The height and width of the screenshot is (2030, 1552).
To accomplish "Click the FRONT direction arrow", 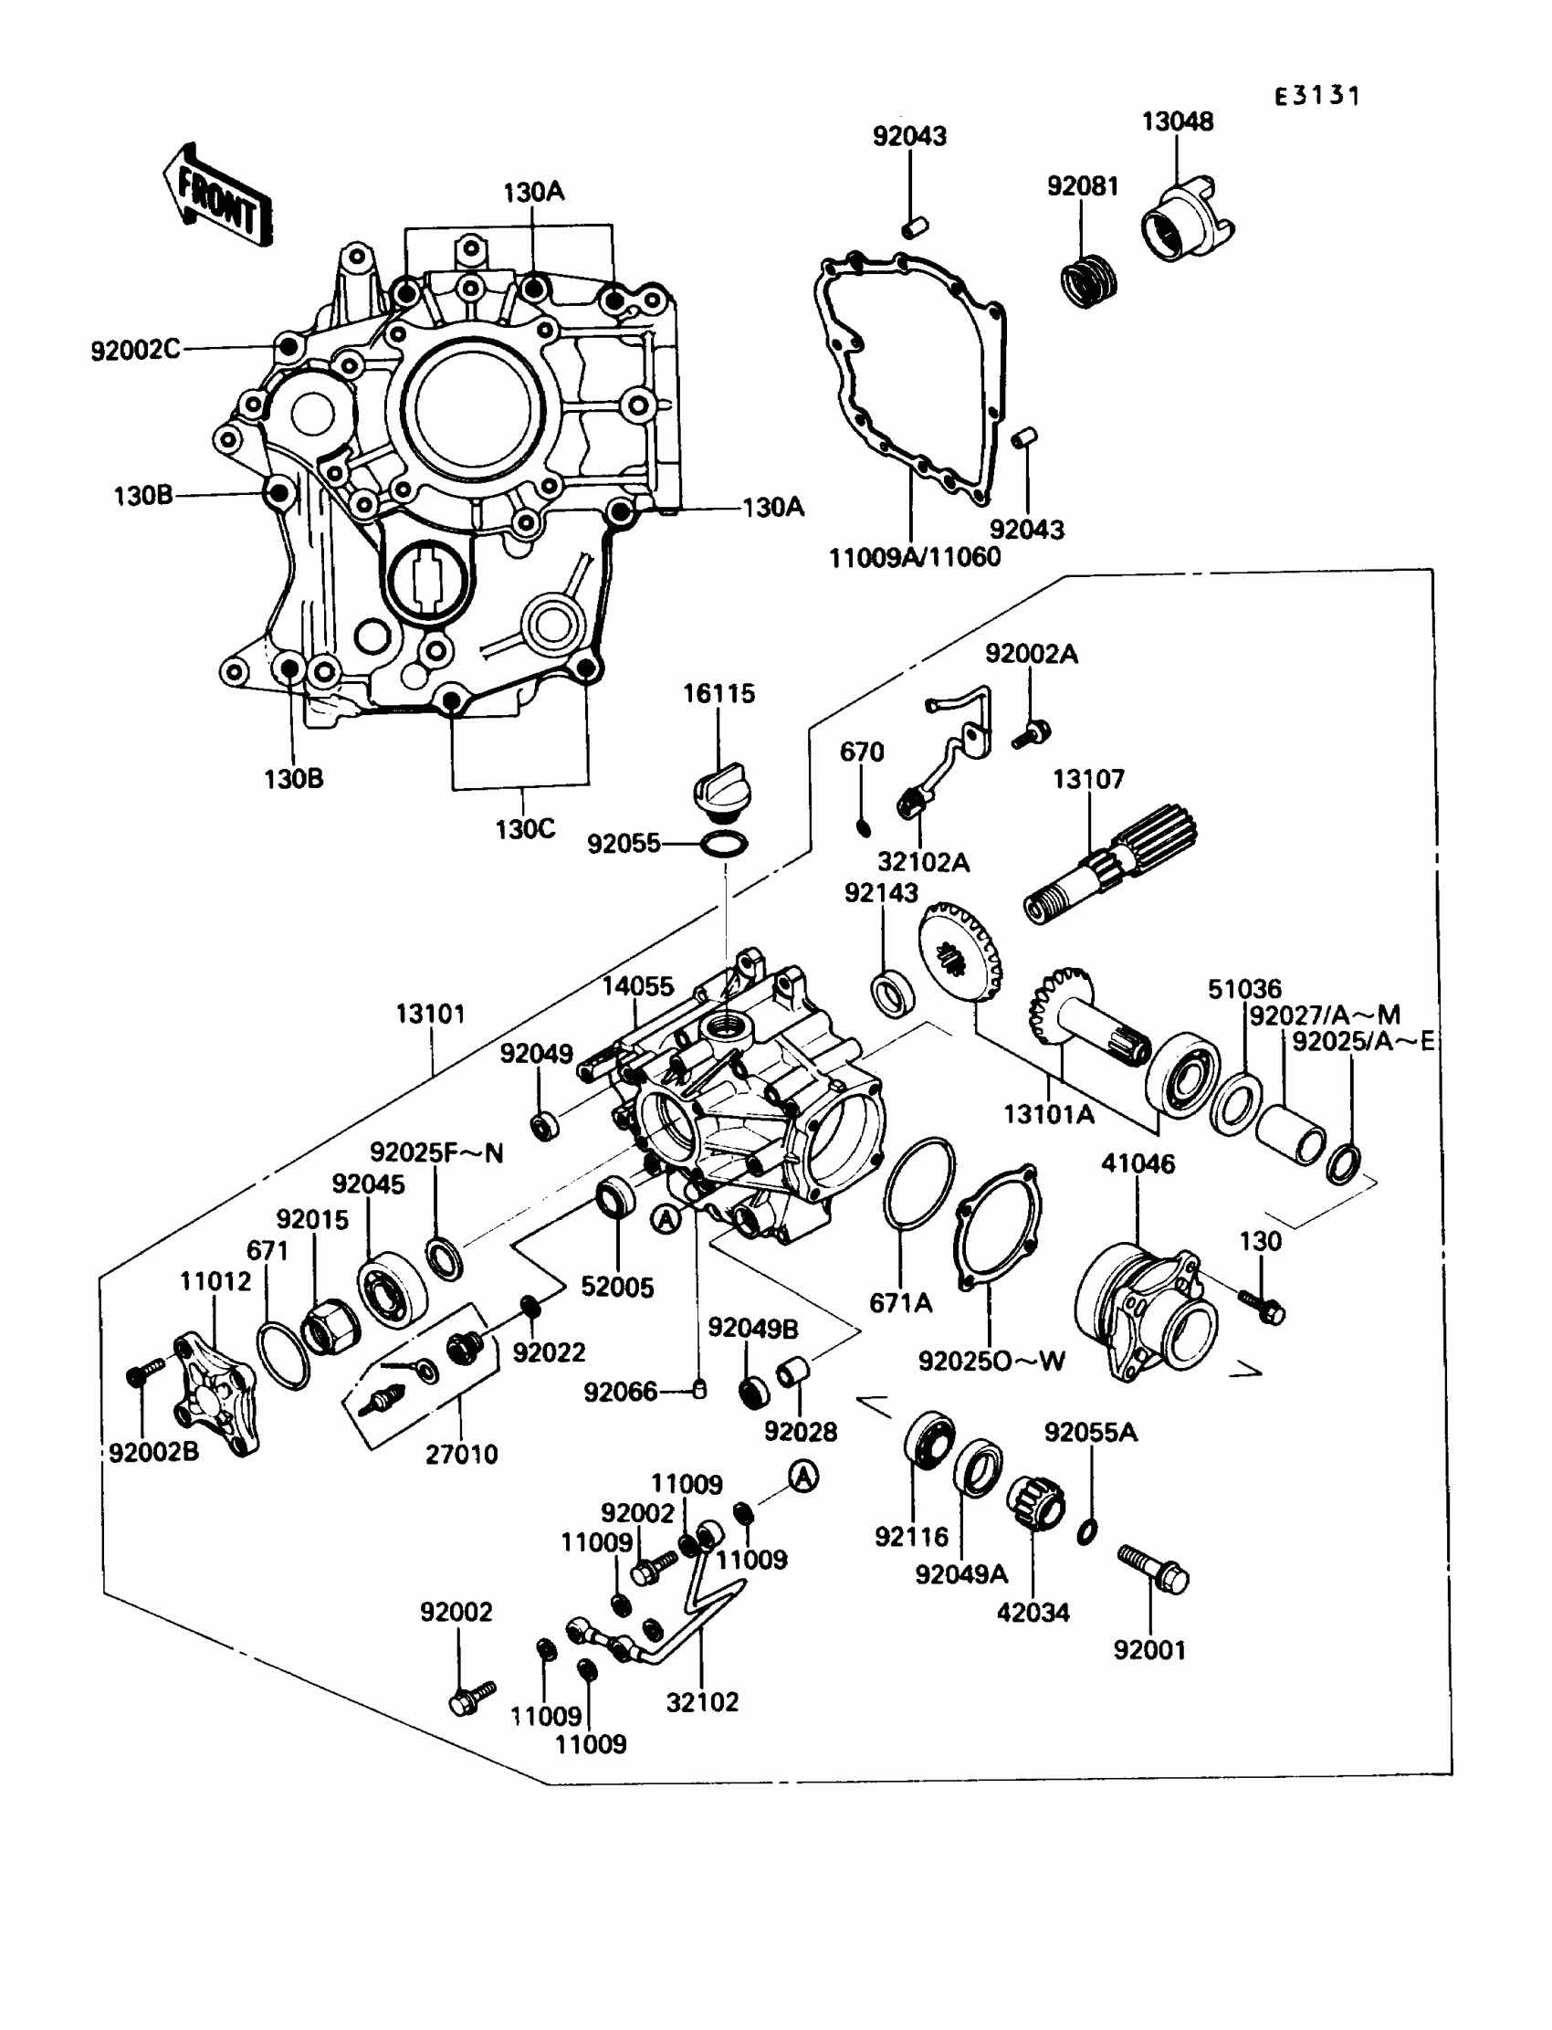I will tap(219, 196).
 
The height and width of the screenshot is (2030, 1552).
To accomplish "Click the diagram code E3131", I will tap(1317, 96).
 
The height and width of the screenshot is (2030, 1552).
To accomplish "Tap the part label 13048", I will tap(1177, 121).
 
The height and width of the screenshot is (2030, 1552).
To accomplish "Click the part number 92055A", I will tap(1090, 1432).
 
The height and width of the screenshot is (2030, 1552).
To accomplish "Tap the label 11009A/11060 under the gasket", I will tap(915, 557).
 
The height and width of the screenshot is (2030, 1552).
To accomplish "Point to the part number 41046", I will tap(1138, 1163).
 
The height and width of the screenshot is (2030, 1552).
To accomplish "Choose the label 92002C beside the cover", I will tap(135, 350).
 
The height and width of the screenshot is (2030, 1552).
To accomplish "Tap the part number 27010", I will tap(461, 1454).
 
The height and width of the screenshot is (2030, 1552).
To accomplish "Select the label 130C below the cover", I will tap(525, 829).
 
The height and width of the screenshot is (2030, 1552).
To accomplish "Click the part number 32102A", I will tap(923, 862).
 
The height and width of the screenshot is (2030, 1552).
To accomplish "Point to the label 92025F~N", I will tap(436, 1152).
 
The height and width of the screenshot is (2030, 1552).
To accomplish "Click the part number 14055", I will tap(637, 986).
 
